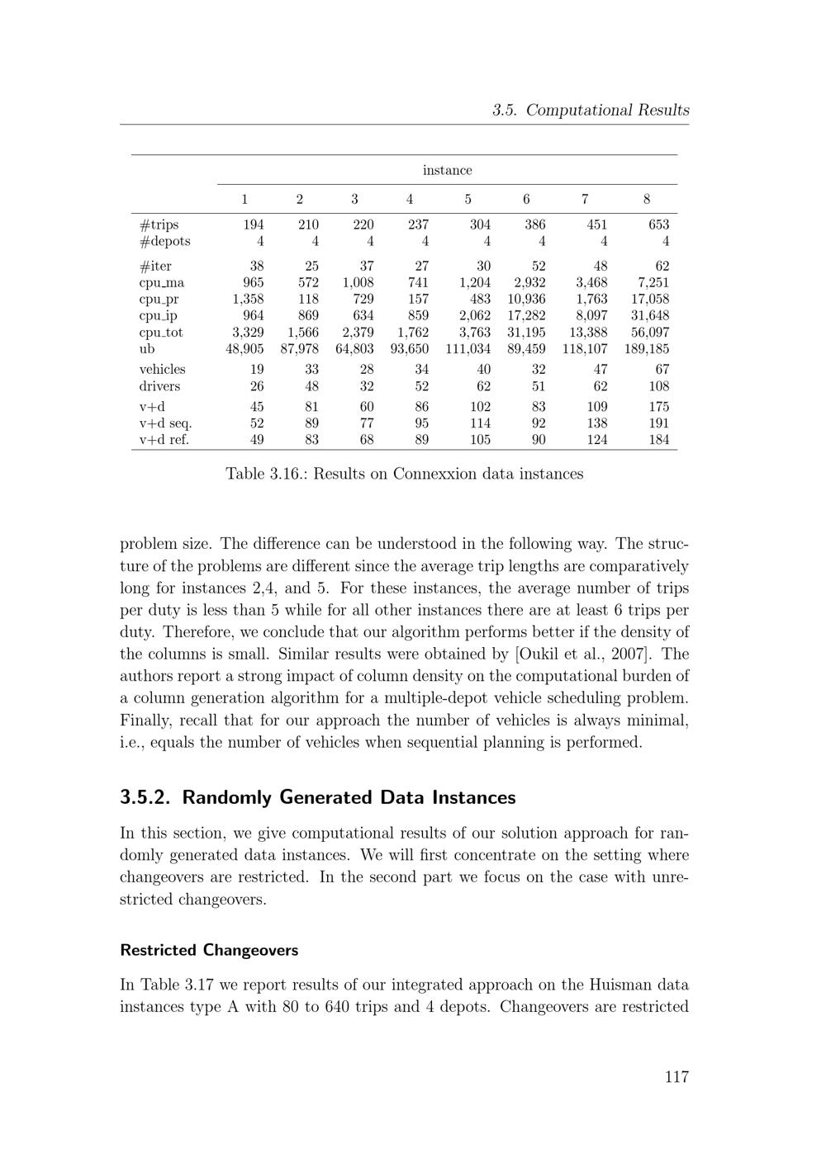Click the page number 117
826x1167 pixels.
click(676, 1076)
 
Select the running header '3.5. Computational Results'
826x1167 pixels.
click(591, 110)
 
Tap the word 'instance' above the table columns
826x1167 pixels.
click(447, 170)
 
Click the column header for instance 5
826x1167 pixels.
click(468, 199)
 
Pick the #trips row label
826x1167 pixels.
click(159, 224)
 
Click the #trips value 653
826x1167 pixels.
click(658, 224)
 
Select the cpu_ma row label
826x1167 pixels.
click(162, 282)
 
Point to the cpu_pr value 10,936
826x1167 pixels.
click(526, 299)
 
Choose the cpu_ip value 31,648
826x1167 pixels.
click(648, 315)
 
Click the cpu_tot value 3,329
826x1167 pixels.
click(248, 333)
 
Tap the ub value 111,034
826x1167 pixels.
click(468, 349)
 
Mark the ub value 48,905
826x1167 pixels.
click(244, 349)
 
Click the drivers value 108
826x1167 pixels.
click(657, 386)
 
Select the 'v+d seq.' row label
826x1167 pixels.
click(165, 423)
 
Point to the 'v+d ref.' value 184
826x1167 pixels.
click(658, 440)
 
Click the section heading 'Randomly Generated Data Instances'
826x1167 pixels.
click(349, 797)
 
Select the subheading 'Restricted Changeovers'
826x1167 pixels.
click(209, 950)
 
